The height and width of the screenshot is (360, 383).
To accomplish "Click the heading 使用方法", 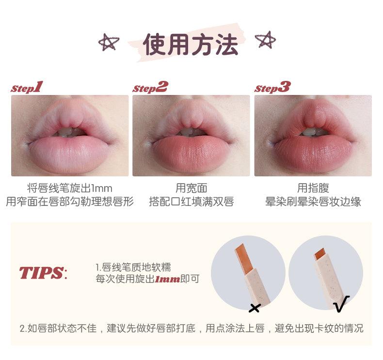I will [191, 45].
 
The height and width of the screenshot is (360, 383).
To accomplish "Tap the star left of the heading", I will [109, 43].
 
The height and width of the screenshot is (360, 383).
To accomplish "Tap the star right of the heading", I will [266, 39].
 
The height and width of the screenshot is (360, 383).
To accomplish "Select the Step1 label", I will [27, 87].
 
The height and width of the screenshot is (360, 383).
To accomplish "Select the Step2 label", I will [150, 87].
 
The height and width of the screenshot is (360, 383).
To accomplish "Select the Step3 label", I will [272, 87].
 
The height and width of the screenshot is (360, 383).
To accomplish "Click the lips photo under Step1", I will [70, 135].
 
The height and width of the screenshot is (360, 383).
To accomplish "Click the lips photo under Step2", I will [191, 135].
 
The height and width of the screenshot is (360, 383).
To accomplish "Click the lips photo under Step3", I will [313, 135].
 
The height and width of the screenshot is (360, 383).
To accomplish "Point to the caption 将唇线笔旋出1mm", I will [70, 188].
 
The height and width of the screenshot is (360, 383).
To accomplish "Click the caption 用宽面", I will [191, 188].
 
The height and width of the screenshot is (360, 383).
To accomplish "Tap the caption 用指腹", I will [313, 188].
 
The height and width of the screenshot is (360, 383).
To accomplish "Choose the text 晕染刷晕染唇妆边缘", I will [313, 202].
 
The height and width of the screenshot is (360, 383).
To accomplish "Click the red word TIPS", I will [41, 273].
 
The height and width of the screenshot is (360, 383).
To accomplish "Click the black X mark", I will [254, 308].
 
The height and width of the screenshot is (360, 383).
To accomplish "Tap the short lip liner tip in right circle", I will [319, 253].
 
